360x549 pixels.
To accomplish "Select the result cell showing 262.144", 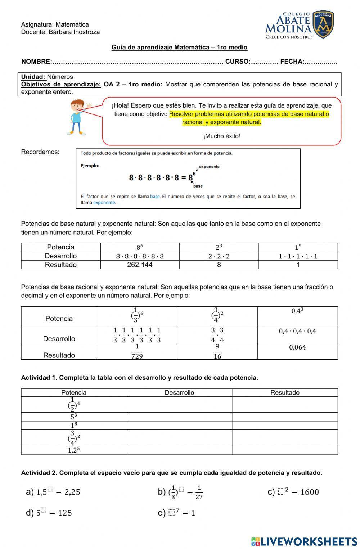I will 140,265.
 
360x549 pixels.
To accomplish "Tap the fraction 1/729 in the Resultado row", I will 137,351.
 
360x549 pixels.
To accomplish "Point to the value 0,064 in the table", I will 297,347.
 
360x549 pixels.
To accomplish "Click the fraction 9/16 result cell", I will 217,351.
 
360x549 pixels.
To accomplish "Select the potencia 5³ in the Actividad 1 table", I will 74,417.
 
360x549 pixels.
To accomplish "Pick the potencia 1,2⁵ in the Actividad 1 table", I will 74,450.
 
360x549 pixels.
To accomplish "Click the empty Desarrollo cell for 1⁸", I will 179,425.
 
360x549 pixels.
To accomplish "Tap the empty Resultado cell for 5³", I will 285,417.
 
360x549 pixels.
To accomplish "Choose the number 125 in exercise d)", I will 65,513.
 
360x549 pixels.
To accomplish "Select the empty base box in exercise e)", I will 171,513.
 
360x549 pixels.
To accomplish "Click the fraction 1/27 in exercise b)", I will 199,492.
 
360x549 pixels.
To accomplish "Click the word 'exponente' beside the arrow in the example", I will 209,167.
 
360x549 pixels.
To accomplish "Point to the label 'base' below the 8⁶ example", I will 198,186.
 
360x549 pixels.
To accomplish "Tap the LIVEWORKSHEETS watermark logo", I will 304,541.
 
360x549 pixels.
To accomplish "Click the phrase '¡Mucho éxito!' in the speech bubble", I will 221,136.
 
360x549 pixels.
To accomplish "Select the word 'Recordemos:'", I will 40,152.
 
